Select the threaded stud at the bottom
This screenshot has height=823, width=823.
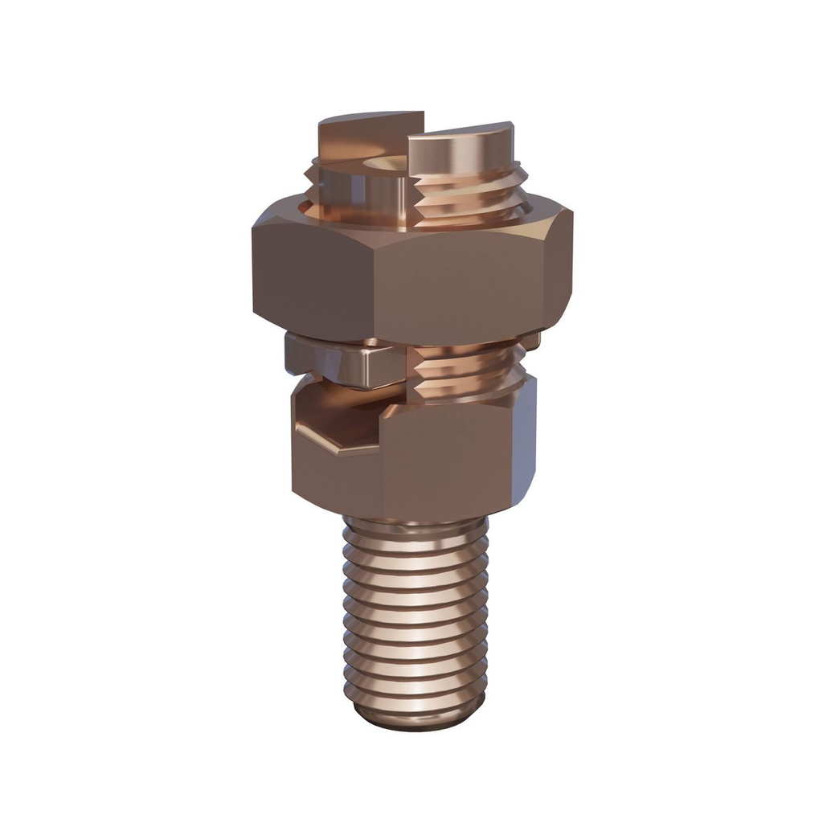click(x=415, y=619)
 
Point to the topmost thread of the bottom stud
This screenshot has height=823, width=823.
click(x=415, y=530)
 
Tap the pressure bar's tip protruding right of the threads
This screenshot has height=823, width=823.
click(x=531, y=342)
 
